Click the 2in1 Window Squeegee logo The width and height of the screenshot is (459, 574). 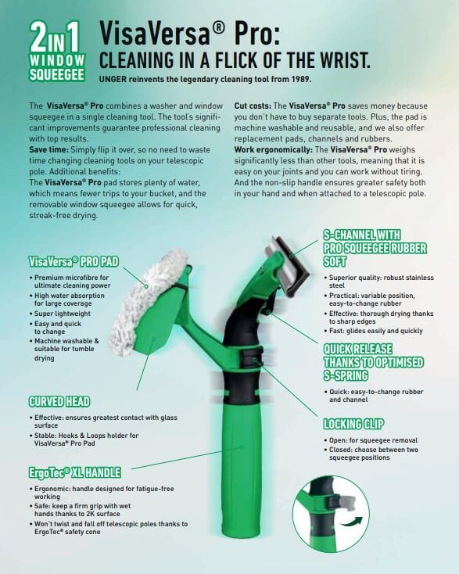coord(57,51)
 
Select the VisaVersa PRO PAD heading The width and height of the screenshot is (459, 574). coord(74,261)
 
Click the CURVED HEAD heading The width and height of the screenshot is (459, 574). coord(59,402)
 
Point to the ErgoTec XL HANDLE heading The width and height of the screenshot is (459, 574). coord(74,472)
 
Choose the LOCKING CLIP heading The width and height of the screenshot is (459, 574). coord(353,424)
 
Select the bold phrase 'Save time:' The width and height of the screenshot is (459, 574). coord(48,149)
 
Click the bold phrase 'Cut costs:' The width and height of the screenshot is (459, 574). coord(253,106)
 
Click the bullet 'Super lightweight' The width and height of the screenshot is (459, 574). coord(63,314)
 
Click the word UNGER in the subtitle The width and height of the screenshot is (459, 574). coord(113,79)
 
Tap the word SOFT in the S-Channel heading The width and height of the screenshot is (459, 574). coord(335,261)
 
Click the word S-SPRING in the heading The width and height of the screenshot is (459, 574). coord(346,375)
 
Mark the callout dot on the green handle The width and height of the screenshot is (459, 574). coord(242,447)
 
